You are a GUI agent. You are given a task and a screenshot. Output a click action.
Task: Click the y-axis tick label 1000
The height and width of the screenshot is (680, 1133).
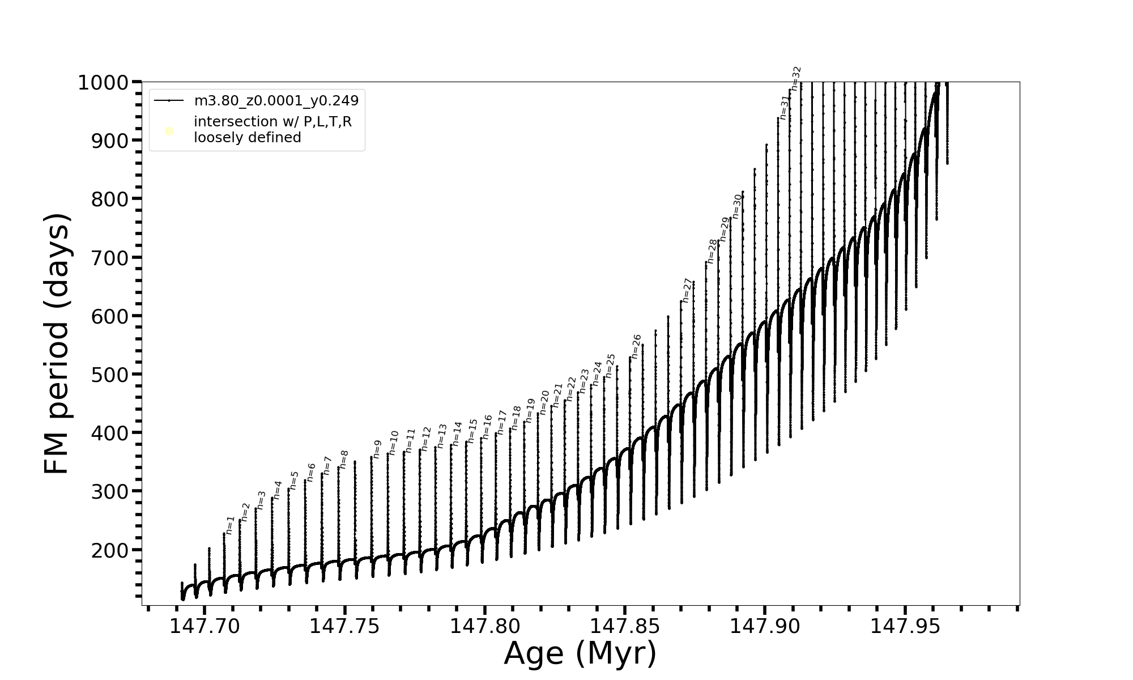tap(107, 83)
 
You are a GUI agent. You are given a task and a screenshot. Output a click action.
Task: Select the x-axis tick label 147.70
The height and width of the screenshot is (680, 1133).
tap(205, 626)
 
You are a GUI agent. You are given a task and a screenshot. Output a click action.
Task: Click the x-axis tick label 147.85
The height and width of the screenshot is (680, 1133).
tap(625, 626)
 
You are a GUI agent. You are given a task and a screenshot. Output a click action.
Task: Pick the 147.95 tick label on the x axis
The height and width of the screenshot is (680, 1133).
tap(905, 626)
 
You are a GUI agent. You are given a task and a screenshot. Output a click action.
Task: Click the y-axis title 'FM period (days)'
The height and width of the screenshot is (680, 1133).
tap(57, 344)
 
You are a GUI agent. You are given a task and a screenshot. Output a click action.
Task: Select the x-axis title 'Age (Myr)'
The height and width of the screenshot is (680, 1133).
tap(580, 653)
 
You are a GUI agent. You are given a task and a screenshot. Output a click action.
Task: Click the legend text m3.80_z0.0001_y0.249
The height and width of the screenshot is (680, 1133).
tap(276, 101)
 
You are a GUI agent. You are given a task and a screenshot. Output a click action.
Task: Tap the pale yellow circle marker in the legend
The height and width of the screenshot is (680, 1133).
tap(169, 131)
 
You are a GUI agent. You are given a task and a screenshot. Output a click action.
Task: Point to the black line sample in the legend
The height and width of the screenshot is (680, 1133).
tap(169, 101)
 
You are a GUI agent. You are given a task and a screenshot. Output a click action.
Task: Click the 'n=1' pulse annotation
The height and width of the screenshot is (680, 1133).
tap(230, 525)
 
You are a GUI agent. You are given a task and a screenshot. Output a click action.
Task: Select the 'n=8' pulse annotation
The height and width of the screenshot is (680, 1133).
tap(344, 459)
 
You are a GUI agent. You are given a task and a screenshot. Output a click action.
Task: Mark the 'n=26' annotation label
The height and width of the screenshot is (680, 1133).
tap(636, 346)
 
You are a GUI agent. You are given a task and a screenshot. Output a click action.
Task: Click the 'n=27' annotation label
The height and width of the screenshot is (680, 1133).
tap(687, 290)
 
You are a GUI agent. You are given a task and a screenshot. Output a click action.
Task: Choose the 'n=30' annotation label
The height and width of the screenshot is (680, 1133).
tap(737, 206)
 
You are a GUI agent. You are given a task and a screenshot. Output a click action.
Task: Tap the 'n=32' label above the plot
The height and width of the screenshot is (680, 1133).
tap(796, 78)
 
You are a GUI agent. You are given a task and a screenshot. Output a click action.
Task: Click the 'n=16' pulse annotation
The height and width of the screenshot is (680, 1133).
tap(487, 427)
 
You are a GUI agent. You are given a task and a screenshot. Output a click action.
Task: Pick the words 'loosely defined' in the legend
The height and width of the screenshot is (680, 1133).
tap(247, 138)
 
